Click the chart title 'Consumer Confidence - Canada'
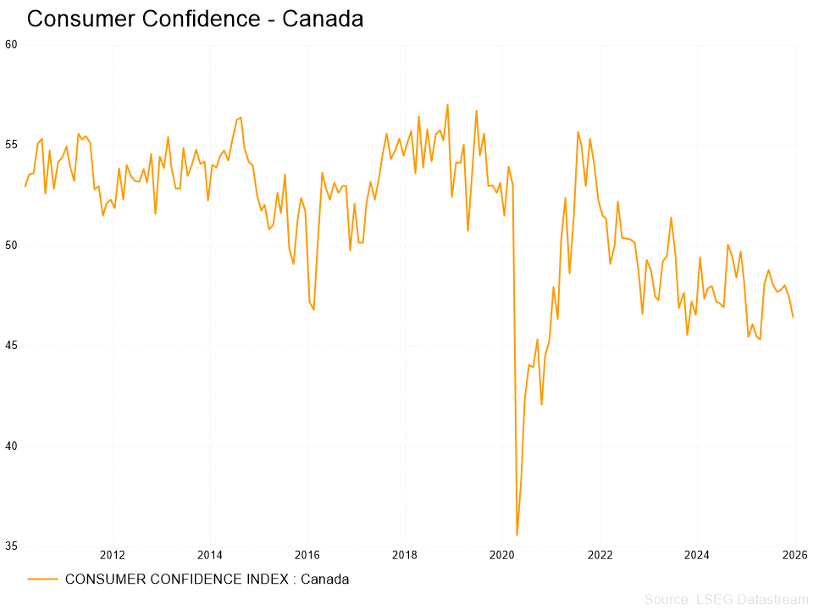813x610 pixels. point(195,19)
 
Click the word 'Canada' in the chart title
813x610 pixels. point(323,19)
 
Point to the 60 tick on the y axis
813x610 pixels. point(11,45)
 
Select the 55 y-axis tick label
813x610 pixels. point(11,146)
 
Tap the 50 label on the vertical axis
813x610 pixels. point(11,246)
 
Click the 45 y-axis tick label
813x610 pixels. point(11,347)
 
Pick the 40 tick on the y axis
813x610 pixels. point(11,446)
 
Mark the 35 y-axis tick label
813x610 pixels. point(11,546)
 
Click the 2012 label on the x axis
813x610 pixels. point(113,556)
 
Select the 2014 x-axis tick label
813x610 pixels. point(210,556)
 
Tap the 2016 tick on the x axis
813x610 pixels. point(307,556)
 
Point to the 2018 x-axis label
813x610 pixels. point(405,556)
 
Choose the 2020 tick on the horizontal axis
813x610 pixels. point(503,556)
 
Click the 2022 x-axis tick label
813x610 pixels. point(600,556)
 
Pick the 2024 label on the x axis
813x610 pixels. point(698,556)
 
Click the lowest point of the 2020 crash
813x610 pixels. point(517,535)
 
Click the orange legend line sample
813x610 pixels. point(42,579)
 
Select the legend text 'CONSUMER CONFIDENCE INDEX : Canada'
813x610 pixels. point(207,579)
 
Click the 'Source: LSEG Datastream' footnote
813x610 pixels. point(726,600)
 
